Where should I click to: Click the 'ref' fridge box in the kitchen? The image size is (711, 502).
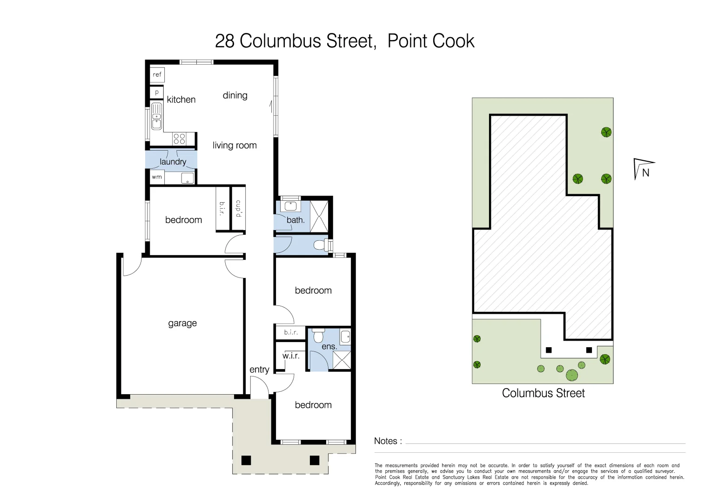(157, 74)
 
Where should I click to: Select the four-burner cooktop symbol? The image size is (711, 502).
(179, 139)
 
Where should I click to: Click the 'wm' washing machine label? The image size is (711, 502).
(157, 177)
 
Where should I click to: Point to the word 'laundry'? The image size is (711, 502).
(173, 162)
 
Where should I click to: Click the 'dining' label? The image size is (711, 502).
(235, 95)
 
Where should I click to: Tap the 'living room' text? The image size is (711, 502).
(235, 145)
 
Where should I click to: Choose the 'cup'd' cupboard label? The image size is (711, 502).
(238, 208)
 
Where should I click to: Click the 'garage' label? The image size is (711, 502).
(182, 323)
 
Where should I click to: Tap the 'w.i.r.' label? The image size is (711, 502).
(291, 356)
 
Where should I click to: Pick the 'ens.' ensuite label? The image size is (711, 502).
(329, 347)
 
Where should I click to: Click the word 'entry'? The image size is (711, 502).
(259, 370)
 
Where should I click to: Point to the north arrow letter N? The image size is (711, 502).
(645, 172)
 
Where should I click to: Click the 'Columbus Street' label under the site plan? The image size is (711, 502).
(543, 393)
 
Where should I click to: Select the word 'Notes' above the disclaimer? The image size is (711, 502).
(386, 441)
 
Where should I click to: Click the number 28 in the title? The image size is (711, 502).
(224, 41)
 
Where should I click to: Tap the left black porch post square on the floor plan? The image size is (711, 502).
(246, 460)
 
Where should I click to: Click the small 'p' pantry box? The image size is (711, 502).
(157, 92)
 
